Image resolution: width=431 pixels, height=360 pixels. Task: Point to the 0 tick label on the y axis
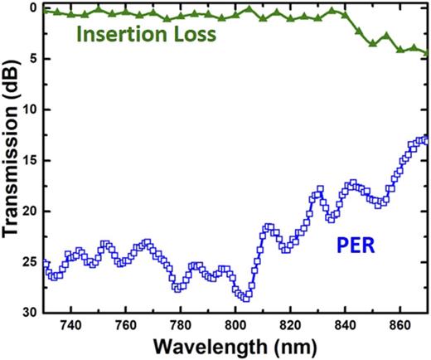click(x=34, y=7)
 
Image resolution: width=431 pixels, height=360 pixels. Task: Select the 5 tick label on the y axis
click(x=34, y=58)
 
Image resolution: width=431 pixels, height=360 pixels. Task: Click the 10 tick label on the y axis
click(x=31, y=109)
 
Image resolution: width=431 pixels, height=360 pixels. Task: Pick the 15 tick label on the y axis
click(x=31, y=160)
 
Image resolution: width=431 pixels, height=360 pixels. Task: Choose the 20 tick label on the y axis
click(x=31, y=211)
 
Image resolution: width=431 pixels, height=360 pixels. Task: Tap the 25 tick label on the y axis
click(x=31, y=261)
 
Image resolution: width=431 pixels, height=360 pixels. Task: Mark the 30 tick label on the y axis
click(x=31, y=312)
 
